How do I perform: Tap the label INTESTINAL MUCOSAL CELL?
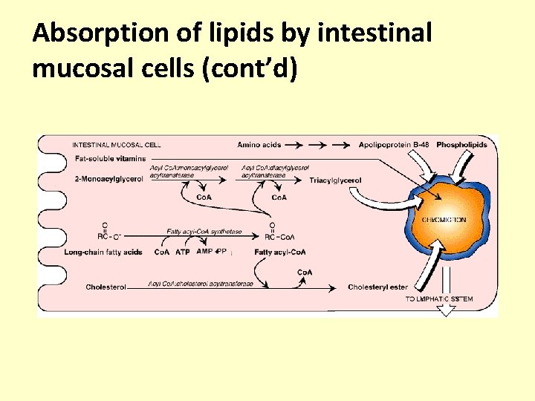point(117,145)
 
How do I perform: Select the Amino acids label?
point(259,144)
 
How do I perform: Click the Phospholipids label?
point(462,144)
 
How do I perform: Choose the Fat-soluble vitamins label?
point(111,159)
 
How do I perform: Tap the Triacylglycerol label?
point(336,180)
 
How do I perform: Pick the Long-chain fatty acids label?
point(103,252)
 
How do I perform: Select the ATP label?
point(183,252)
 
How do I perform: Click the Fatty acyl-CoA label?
point(280,252)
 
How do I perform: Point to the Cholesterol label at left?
point(106,287)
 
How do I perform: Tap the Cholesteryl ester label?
point(377,287)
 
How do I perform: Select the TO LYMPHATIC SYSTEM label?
point(439,299)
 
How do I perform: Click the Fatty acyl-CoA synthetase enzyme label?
point(204,232)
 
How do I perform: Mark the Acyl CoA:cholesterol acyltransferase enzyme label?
point(201,284)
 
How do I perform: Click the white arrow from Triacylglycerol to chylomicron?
point(382,198)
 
